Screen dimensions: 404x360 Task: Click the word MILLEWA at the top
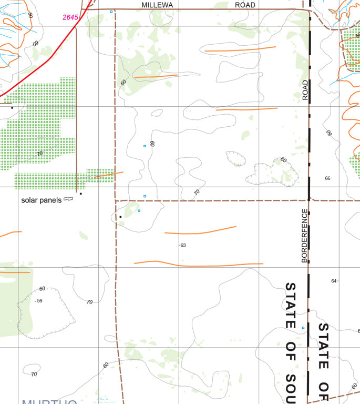pos(158,5)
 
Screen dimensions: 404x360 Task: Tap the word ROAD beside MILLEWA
pos(245,5)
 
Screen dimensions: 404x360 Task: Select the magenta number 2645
pos(70,17)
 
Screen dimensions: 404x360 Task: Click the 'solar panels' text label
pos(42,200)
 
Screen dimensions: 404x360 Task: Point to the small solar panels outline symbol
pos(68,199)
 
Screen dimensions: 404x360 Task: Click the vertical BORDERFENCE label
pos(304,236)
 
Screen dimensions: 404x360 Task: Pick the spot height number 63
pos(183,245)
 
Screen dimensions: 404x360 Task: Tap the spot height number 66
pos(327,178)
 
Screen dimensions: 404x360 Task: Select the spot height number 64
pos(334,281)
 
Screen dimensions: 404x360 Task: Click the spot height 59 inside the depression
pos(39,301)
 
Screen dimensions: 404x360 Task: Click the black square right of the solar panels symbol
pos(81,194)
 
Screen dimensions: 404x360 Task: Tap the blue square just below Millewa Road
pos(111,12)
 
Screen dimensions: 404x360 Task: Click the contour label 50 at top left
pos(30,14)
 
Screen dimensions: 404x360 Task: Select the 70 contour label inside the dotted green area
pos(40,154)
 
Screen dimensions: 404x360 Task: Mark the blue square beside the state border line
pos(303,328)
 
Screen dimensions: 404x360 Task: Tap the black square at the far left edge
pos(12,108)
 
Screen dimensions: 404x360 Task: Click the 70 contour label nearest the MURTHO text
pos(34,374)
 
